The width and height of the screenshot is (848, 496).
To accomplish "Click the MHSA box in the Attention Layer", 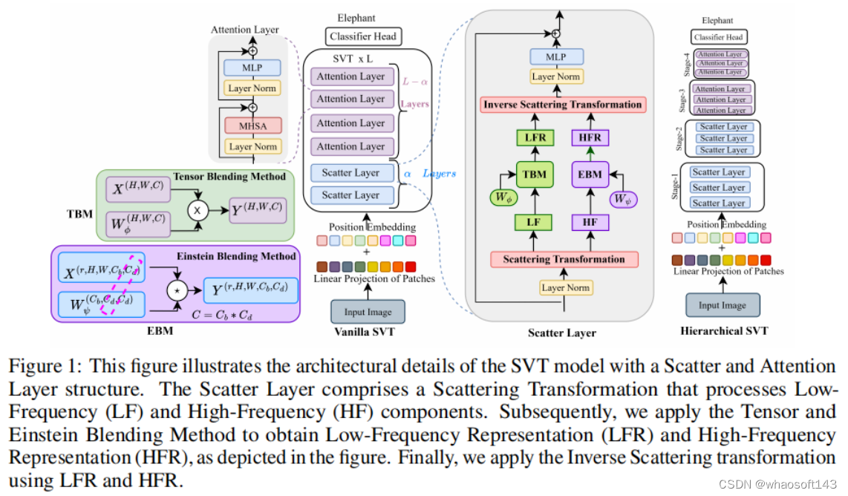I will point(252,125).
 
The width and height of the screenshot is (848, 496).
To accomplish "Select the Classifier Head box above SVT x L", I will point(362,36).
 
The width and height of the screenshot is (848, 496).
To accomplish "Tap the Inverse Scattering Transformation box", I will point(562,105).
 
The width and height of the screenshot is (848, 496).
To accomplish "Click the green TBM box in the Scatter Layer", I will point(534,175).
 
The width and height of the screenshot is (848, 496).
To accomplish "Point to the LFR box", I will point(534,137).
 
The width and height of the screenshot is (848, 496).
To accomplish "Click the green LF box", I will point(534,221).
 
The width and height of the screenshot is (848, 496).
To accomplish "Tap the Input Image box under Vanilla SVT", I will point(362,311).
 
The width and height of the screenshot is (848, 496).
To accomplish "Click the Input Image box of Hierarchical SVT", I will point(723,305).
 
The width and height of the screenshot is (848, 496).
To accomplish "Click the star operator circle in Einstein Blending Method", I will point(177,287).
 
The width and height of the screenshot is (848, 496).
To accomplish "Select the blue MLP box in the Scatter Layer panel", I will point(557,57).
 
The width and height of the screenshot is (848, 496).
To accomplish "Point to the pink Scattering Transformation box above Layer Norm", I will point(564,259).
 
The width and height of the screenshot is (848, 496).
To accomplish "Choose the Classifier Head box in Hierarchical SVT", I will point(717,36).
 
